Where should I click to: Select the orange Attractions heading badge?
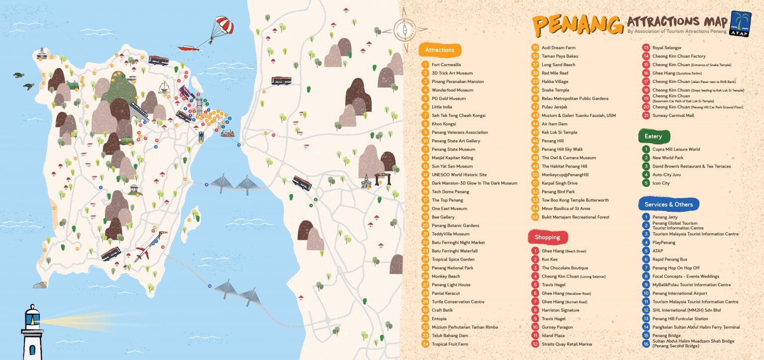[x=440, y=50]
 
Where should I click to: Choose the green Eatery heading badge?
[x=653, y=136]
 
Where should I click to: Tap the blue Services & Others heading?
[x=668, y=204]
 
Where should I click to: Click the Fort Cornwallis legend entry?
[x=446, y=65]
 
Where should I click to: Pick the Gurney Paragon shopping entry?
[x=557, y=327]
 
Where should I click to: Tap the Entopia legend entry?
[x=439, y=319]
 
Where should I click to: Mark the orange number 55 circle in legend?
[x=535, y=217]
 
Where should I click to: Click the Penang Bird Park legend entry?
[x=558, y=191]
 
